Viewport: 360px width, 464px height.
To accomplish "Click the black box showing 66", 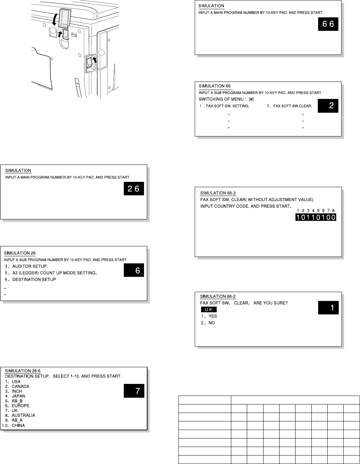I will click(328, 24).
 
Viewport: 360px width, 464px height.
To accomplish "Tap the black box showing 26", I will click(134, 189).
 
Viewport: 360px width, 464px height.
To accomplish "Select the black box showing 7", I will click(134, 391).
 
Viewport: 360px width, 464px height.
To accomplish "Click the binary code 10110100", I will click(316, 217).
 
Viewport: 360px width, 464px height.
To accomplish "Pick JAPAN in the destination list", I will click(18, 396).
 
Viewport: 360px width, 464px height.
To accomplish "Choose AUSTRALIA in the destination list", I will click(23, 415).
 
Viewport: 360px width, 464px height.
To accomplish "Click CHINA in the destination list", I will click(18, 425).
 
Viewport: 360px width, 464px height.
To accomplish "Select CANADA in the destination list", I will click(20, 386).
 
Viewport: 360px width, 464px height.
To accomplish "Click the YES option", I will click(212, 316).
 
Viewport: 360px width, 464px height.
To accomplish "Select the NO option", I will click(211, 323).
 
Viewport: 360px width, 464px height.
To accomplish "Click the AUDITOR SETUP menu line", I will click(30, 266).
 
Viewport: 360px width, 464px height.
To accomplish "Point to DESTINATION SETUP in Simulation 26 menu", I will click(34, 280).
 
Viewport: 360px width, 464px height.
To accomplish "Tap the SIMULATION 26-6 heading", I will click(22, 371).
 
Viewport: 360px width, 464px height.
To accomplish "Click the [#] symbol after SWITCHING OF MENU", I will click(251, 99).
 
